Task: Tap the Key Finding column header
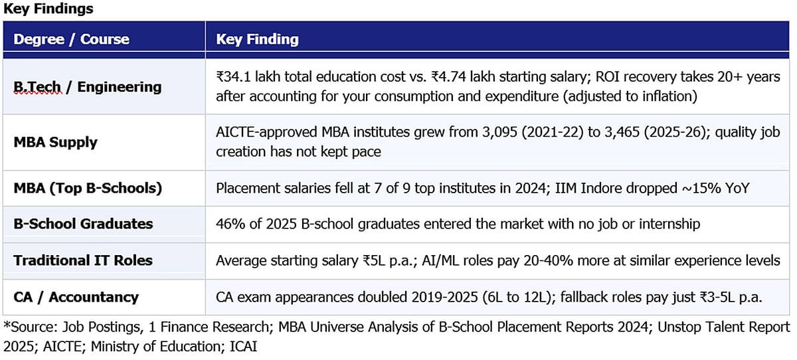pos(257,39)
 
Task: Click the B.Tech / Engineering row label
pos(87,87)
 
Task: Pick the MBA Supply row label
pos(55,142)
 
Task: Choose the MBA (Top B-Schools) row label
pos(88,188)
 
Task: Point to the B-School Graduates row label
pos(83,224)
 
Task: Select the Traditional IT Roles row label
pos(83,260)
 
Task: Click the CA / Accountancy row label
pos(76,296)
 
